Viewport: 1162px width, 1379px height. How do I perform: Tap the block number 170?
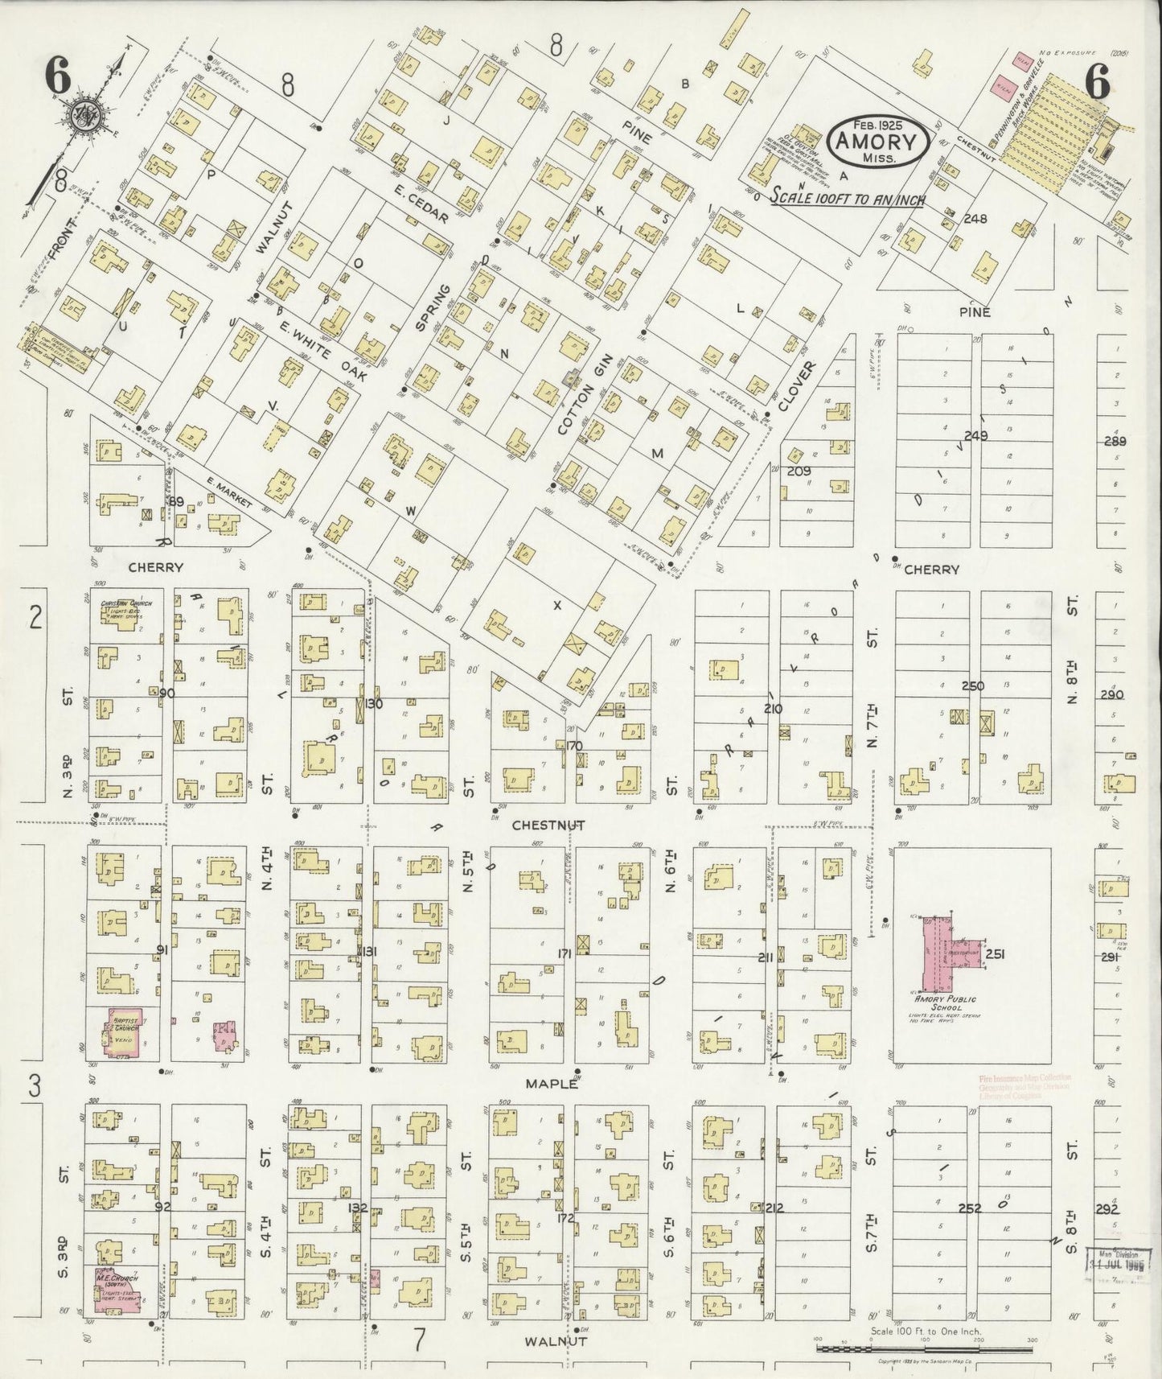point(573,746)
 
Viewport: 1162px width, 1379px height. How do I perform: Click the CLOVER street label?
point(795,385)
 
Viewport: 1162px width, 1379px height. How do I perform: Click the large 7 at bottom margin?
point(419,1339)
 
